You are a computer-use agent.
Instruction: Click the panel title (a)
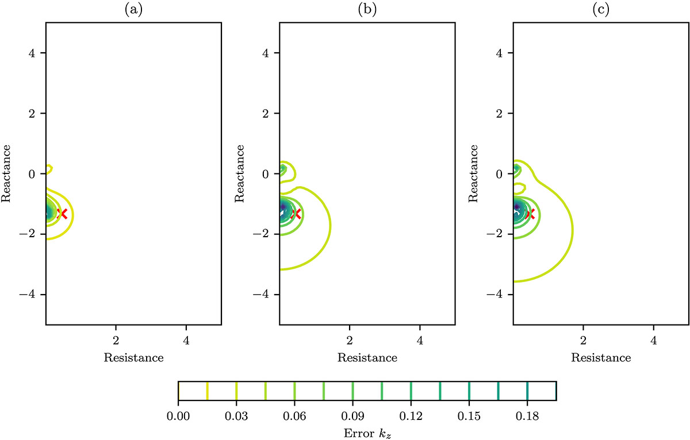133,10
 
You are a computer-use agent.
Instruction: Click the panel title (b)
367,10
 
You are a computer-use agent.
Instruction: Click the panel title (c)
600,10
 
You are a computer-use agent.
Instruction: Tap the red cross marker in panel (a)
63,214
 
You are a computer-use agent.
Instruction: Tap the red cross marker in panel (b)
296,214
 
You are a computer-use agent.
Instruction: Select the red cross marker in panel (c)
530,214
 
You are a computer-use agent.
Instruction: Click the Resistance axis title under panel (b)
367,357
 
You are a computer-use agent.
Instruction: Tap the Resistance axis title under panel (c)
600,357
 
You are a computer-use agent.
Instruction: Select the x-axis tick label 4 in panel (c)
653,339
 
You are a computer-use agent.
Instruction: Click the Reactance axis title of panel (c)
475,173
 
